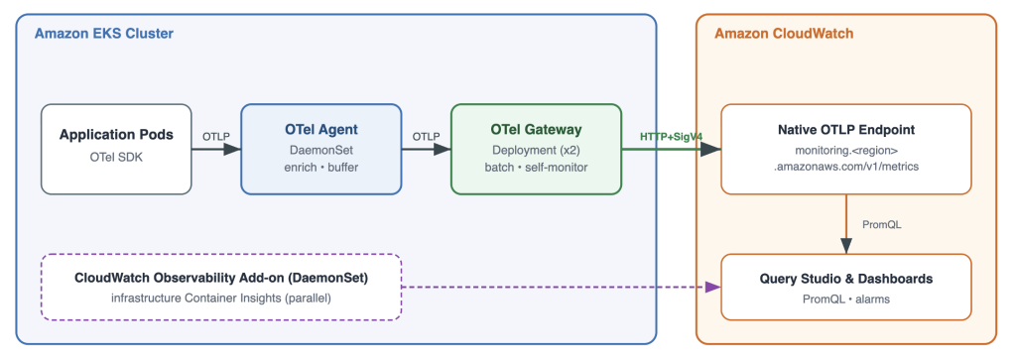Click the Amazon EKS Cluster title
(x=103, y=34)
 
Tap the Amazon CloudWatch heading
(x=784, y=34)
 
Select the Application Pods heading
(x=117, y=135)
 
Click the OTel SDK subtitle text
(x=117, y=158)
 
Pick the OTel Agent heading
(x=321, y=130)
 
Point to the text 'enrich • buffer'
(x=321, y=168)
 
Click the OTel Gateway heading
(x=536, y=130)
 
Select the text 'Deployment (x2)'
(x=536, y=150)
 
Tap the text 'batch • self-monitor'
(x=536, y=168)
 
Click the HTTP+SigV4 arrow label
(x=672, y=137)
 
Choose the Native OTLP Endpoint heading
(x=846, y=130)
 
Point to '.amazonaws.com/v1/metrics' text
(x=846, y=168)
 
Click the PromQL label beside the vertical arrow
(x=882, y=225)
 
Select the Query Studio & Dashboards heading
(x=846, y=279)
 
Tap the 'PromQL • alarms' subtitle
(x=846, y=300)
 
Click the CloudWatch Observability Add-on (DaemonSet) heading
(x=221, y=279)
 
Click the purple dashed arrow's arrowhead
(x=712, y=287)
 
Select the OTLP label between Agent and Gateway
(x=427, y=137)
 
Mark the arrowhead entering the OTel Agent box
(x=232, y=149)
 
